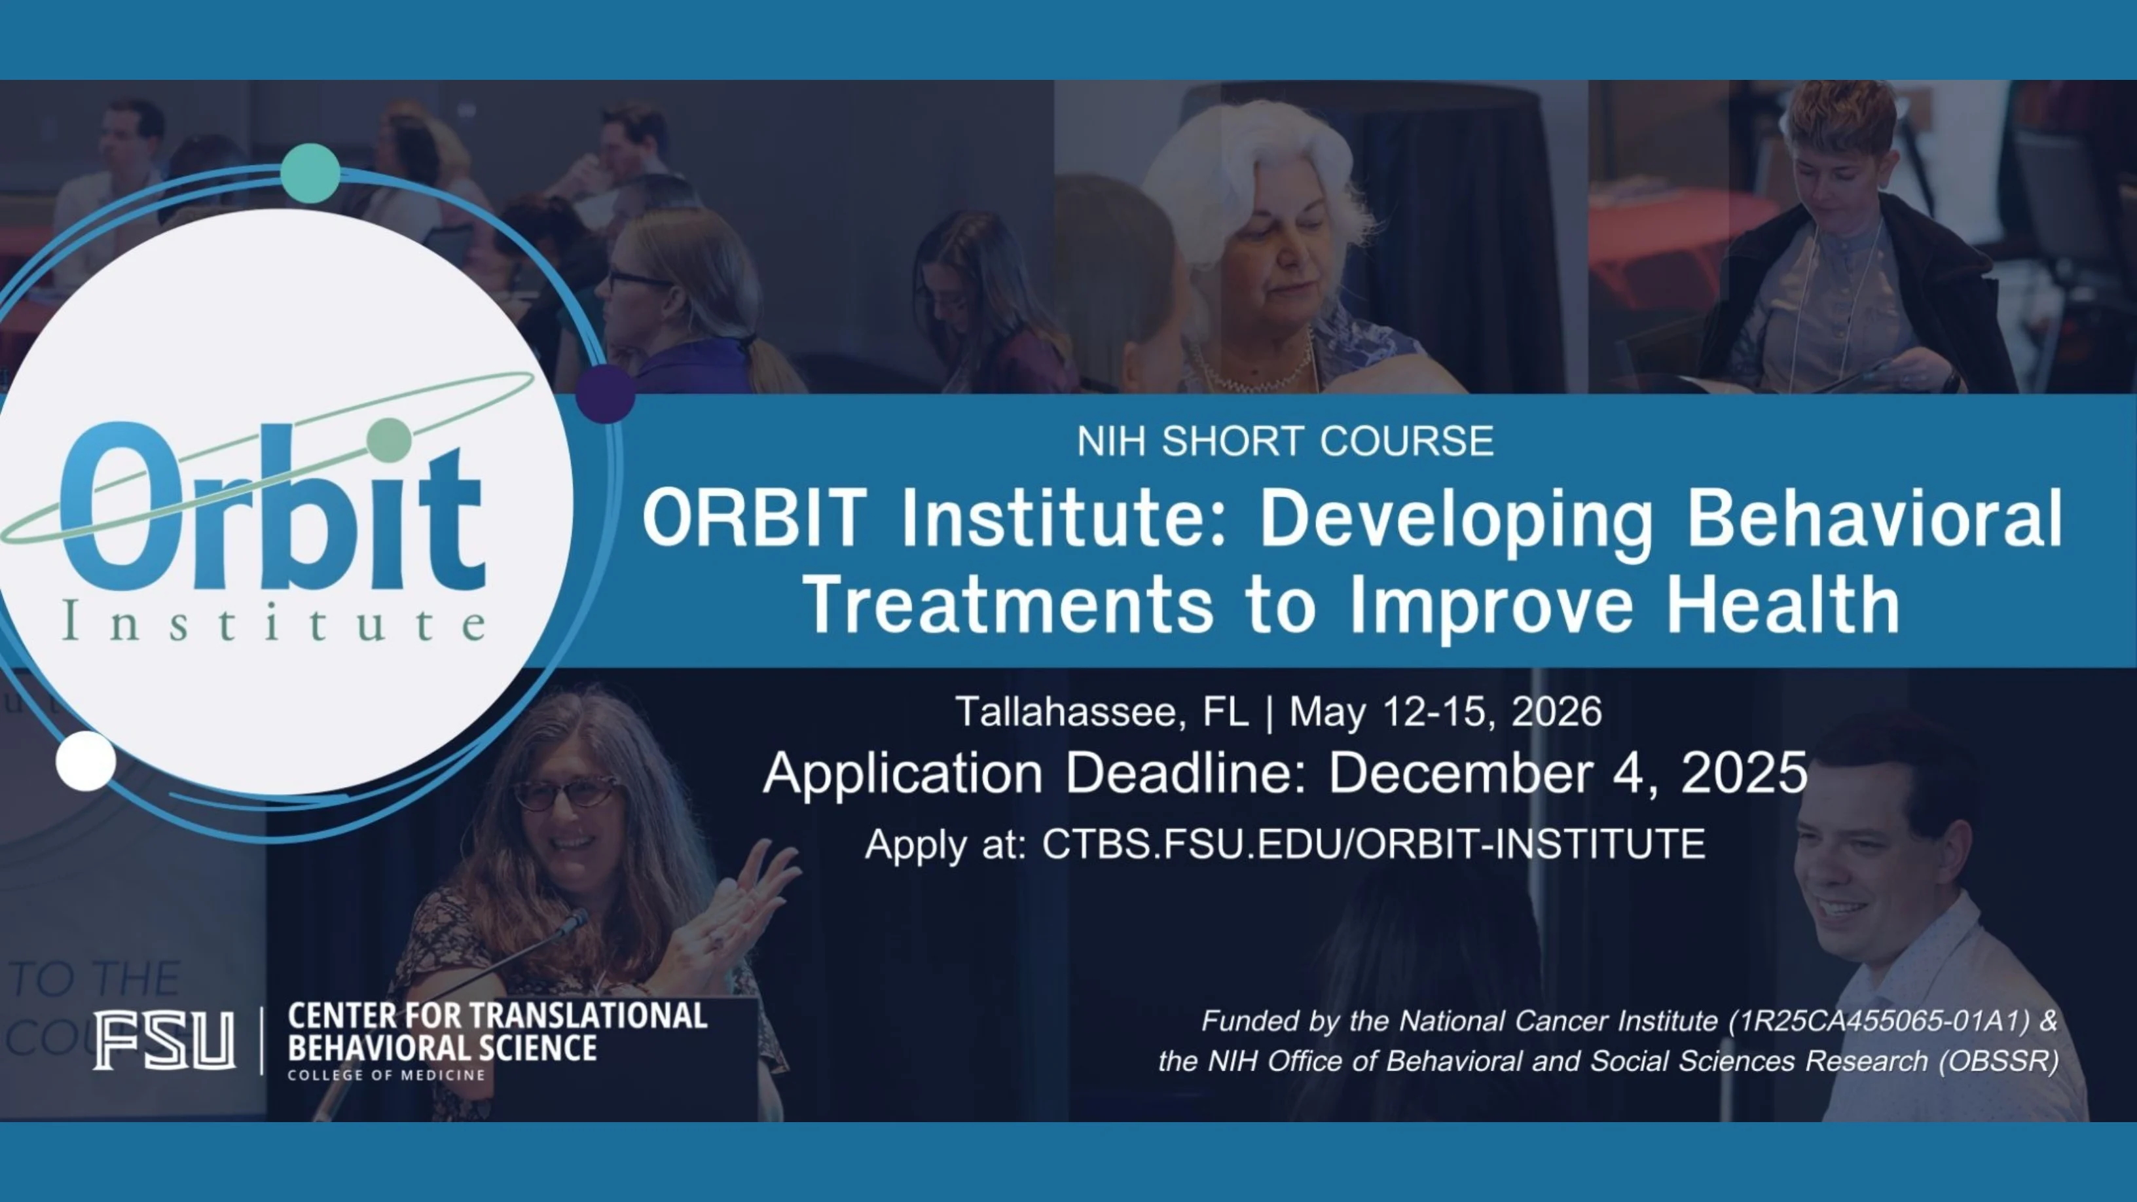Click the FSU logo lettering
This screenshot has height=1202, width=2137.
coord(164,1040)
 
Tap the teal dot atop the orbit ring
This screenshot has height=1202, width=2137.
coord(310,173)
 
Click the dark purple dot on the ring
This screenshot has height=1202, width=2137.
coord(606,394)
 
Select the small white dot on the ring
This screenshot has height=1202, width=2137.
coord(86,761)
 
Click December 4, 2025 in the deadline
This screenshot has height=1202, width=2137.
coord(1568,773)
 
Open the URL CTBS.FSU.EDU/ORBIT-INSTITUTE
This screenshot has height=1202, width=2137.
coord(1373,844)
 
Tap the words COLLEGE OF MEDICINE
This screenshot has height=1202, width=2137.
coord(386,1075)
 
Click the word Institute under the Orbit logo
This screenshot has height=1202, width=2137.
coord(274,624)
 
